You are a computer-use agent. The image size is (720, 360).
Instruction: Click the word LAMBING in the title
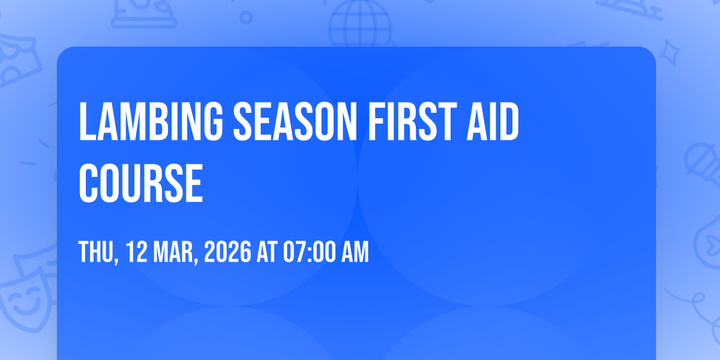point(151,121)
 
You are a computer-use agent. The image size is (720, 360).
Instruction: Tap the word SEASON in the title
point(295,121)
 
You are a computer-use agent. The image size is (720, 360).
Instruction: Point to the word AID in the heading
point(493,121)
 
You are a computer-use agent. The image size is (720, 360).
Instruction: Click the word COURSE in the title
point(141,183)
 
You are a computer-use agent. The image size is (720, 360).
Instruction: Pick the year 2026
point(227,251)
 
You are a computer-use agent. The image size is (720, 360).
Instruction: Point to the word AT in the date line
point(267,251)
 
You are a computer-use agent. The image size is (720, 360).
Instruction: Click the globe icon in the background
point(361,24)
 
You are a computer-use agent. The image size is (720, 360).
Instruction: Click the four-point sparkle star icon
point(669,53)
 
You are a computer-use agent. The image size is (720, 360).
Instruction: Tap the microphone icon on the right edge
point(703,164)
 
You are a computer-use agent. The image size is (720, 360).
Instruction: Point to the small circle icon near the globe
point(246,17)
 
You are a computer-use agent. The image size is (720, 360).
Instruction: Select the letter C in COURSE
point(89,183)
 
